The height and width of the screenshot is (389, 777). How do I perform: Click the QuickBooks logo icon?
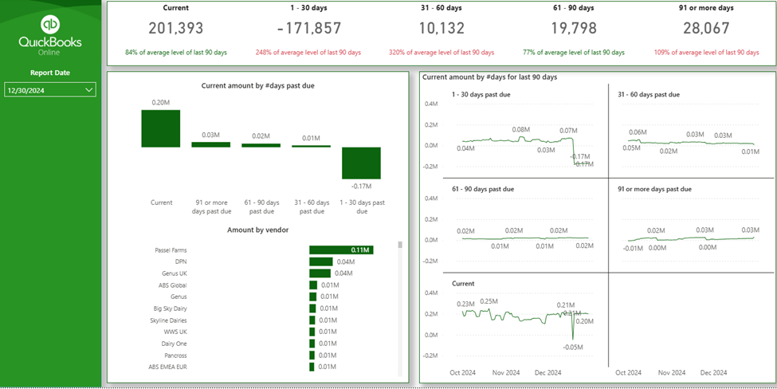(50, 24)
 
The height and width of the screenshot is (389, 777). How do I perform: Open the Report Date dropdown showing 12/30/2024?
(50, 90)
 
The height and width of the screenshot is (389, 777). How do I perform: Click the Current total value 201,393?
(175, 29)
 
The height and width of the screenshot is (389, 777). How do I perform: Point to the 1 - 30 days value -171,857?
(309, 29)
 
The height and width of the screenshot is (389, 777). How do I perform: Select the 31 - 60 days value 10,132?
(441, 29)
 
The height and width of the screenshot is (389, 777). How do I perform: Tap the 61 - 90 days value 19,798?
(573, 29)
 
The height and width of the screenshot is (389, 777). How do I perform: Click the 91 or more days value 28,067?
(706, 29)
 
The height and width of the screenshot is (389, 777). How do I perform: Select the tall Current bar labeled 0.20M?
(161, 128)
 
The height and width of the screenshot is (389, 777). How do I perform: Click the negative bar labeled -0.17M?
(362, 163)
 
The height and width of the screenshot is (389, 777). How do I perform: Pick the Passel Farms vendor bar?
(341, 250)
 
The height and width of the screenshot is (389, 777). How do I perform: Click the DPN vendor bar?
(320, 261)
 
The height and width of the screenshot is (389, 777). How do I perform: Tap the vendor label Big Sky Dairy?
(170, 308)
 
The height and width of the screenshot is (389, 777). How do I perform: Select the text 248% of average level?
(308, 53)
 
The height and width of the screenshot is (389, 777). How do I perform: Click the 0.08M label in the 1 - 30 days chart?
(520, 129)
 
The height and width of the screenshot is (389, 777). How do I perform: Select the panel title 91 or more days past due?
(653, 189)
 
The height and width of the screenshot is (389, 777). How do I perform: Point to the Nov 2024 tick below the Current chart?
(506, 372)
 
